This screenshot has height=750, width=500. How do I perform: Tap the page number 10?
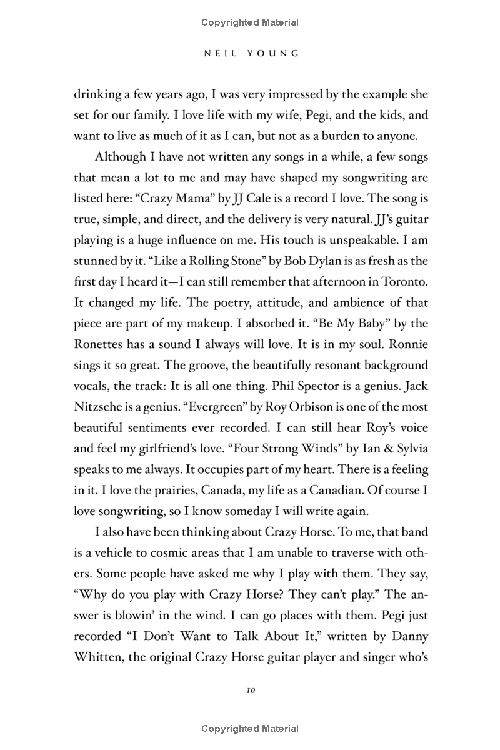250,691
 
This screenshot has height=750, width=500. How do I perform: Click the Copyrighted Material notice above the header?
250,22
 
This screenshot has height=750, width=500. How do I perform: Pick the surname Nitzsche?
99,406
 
